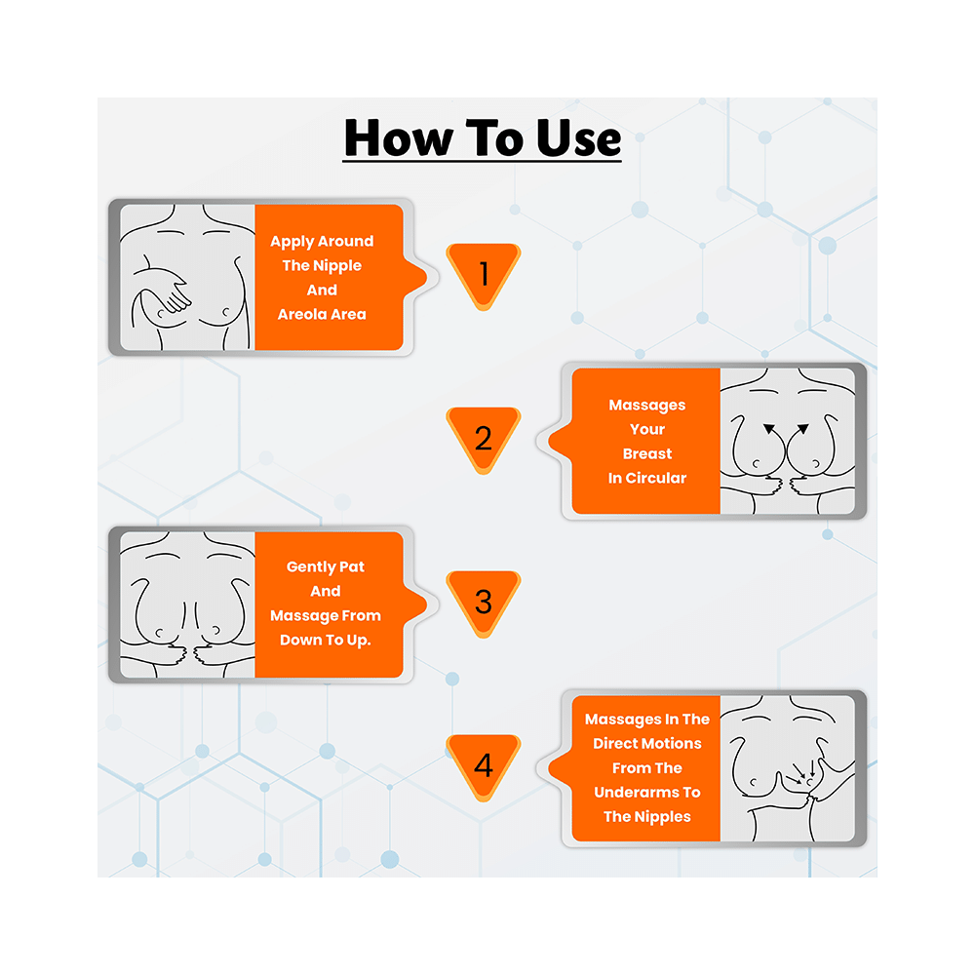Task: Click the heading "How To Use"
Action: pyautogui.click(x=483, y=138)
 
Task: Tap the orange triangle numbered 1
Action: pyautogui.click(x=484, y=274)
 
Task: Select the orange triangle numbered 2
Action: pyautogui.click(x=484, y=439)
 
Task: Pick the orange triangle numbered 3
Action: pyautogui.click(x=484, y=602)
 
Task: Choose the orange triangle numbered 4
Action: pyautogui.click(x=484, y=765)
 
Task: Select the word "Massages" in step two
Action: pyautogui.click(x=647, y=406)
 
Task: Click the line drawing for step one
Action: pyautogui.click(x=187, y=277)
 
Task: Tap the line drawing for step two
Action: pyautogui.click(x=787, y=441)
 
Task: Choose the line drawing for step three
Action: pyautogui.click(x=187, y=604)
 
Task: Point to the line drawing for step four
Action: pyautogui.click(x=787, y=768)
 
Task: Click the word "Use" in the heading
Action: pyautogui.click(x=579, y=138)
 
